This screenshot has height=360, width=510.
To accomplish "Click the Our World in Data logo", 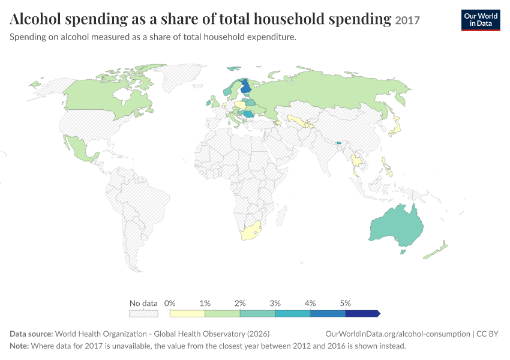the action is point(481,20).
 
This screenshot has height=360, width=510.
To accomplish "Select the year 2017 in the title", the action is point(407,20).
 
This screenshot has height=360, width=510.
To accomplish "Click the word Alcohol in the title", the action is point(35,19).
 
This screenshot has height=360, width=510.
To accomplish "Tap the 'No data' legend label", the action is point(143,303).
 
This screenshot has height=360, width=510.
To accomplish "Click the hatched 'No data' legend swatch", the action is point(143,313).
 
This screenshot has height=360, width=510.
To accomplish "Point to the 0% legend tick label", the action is point(170,303).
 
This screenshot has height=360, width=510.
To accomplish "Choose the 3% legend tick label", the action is point(275,303).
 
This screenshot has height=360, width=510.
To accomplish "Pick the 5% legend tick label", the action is point(346,303).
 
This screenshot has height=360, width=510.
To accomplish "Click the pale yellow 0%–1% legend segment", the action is point(187,313).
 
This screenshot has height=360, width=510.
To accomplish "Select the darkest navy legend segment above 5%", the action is point(362,313).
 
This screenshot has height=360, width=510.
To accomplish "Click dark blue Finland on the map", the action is point(245,87).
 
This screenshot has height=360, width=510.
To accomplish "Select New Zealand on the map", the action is point(436,250).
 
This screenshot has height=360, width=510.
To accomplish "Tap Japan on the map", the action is point(395,127).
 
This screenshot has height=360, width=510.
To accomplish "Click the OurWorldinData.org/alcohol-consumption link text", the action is point(398,334).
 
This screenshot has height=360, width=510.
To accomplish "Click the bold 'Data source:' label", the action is point(31,334).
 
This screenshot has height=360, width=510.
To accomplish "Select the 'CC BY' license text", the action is point(487,334).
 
